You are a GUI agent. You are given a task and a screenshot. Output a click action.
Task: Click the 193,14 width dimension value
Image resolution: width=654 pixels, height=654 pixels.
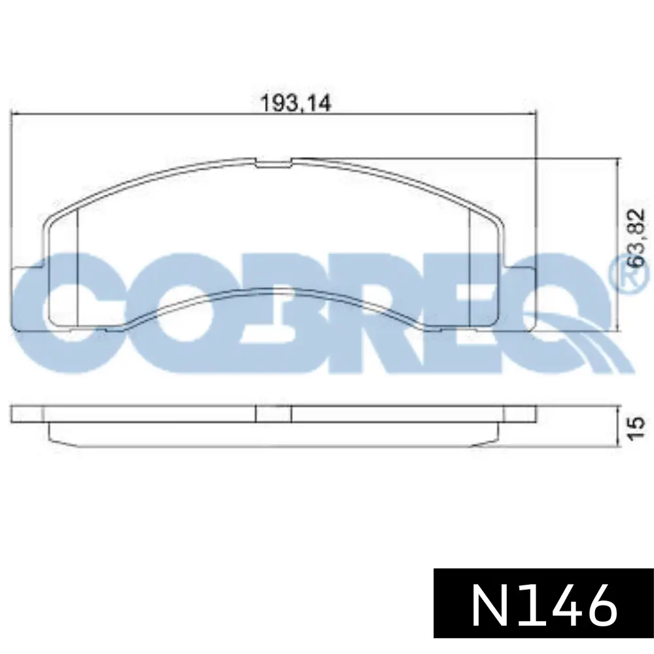(x=296, y=103)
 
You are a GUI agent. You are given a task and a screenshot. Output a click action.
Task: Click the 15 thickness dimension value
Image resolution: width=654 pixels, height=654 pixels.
(x=637, y=428)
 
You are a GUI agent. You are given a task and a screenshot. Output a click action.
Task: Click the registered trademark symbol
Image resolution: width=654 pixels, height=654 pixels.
(x=632, y=274)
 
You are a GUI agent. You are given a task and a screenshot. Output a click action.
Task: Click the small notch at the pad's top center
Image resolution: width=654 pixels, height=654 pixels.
(x=273, y=163)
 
